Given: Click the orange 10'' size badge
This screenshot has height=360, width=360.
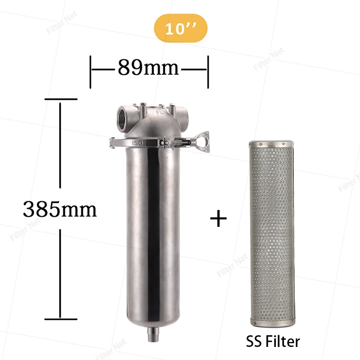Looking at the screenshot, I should tap(180, 30).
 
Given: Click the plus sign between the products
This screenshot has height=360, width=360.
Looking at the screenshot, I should tap(219, 219).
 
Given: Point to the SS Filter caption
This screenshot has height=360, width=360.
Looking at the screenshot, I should tap(273, 341).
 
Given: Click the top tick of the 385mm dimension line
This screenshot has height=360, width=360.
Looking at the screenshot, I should tap(60, 99).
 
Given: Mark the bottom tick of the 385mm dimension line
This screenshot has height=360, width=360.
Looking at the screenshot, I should tap(60, 319).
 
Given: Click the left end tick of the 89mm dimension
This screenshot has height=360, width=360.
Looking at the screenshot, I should tap(91, 71).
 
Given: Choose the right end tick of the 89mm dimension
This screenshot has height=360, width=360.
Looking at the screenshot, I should tap(207, 71).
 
